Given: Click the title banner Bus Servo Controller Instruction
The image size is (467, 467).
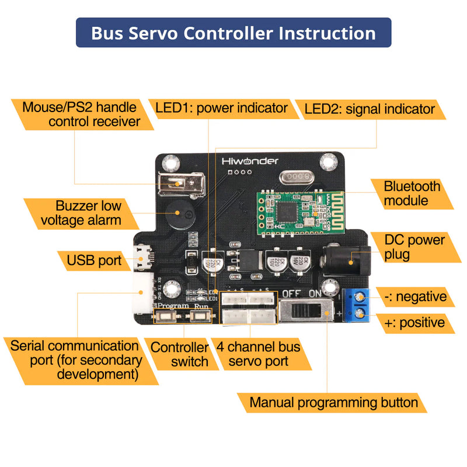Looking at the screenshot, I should click(233, 33).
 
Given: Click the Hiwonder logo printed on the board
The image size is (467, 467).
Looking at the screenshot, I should click(250, 161).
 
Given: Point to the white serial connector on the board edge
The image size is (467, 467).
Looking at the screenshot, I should click(143, 288).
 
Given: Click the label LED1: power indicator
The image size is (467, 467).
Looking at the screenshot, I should click(221, 109).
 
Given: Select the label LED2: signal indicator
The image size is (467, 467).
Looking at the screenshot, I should click(370, 109).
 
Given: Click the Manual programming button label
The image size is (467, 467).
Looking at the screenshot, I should click(333, 402).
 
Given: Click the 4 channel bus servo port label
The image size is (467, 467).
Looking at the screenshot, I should click(258, 354).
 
